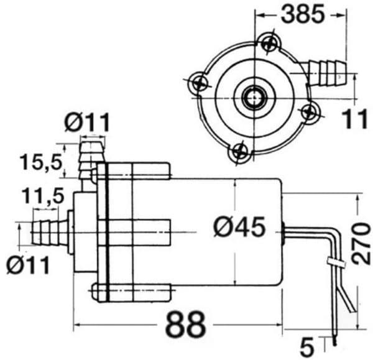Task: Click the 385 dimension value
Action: tap(303, 14)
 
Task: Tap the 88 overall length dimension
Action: tap(185, 324)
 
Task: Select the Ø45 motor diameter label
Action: tap(239, 227)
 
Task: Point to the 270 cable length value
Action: tap(362, 243)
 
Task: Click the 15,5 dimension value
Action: tap(42, 162)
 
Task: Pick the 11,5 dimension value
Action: tap(43, 196)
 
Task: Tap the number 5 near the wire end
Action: tap(307, 348)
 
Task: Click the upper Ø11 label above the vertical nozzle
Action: tap(87, 122)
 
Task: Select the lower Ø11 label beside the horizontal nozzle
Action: tap(28, 265)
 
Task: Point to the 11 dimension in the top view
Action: tap(354, 119)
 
